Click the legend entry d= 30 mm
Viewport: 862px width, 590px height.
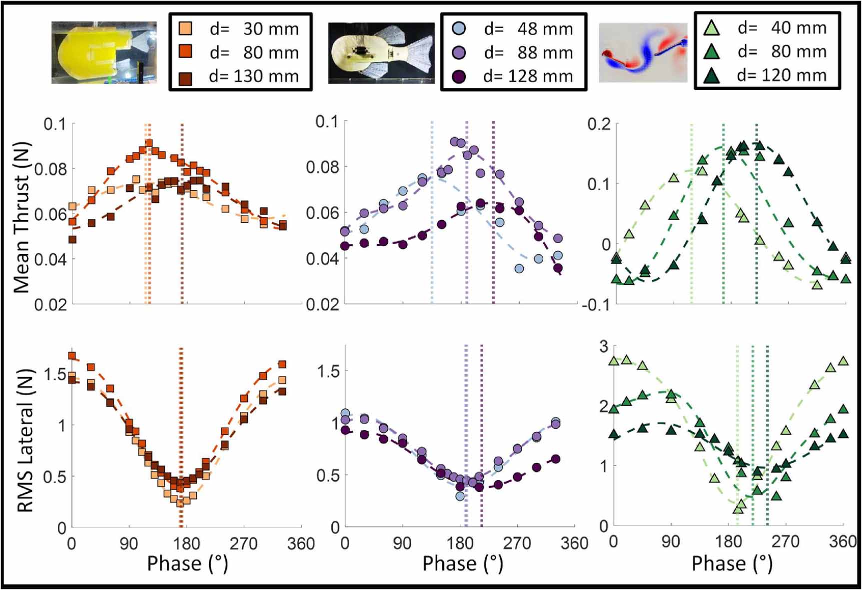[x=240, y=29]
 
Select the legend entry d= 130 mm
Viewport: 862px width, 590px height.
[x=240, y=76]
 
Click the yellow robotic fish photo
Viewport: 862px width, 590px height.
[x=104, y=52]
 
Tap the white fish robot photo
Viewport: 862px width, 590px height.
[x=381, y=52]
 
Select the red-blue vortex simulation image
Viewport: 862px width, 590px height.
[x=643, y=52]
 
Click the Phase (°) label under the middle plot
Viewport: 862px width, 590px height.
[x=462, y=563]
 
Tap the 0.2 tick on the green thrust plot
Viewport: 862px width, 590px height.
[x=599, y=124]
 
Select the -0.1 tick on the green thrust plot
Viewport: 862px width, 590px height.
[x=596, y=304]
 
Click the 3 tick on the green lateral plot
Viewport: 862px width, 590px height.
[x=604, y=346]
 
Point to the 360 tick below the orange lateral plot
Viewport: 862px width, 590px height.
[x=301, y=543]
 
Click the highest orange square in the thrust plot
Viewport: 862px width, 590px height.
[x=148, y=143]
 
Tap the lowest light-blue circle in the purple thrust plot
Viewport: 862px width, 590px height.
[x=519, y=268]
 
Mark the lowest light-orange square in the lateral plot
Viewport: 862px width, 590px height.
[x=180, y=503]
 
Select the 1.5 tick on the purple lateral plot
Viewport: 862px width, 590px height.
[x=328, y=371]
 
